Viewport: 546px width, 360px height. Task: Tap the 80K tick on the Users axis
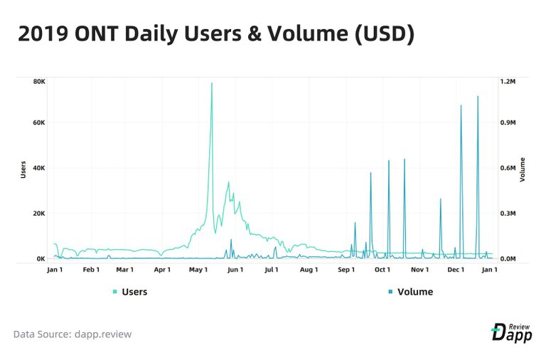pyautogui.click(x=39, y=82)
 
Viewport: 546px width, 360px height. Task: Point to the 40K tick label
pyautogui.click(x=39, y=168)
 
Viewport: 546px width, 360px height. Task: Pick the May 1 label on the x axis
pyautogui.click(x=198, y=270)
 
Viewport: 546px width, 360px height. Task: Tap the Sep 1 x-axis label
pyautogui.click(x=346, y=270)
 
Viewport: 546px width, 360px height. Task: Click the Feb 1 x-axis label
pyautogui.click(x=91, y=270)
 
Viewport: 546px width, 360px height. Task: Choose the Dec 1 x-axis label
pyautogui.click(x=456, y=270)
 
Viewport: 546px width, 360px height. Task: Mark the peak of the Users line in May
pyautogui.click(x=211, y=83)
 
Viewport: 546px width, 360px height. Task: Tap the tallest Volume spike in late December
pyautogui.click(x=478, y=96)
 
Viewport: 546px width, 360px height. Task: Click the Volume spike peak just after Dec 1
pyautogui.click(x=461, y=106)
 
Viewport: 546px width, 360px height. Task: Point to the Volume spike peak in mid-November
pyautogui.click(x=440, y=198)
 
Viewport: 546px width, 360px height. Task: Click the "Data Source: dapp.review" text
pyautogui.click(x=73, y=334)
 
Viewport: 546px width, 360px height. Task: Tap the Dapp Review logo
pyautogui.click(x=511, y=331)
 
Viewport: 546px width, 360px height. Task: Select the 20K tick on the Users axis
pyautogui.click(x=39, y=213)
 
